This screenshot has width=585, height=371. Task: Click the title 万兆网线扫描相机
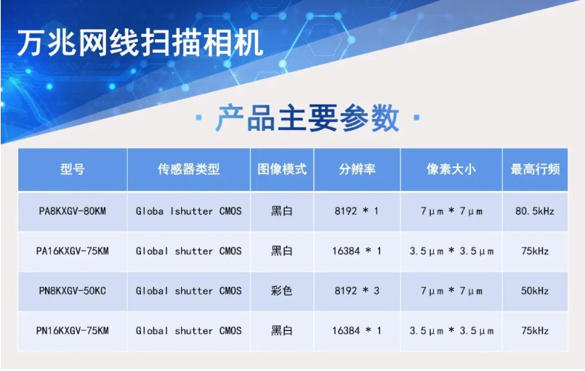[x=140, y=44]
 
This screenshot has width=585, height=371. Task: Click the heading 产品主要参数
[x=308, y=118]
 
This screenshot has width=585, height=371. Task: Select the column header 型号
[x=73, y=169]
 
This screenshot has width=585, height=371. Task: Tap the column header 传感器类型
[x=188, y=169]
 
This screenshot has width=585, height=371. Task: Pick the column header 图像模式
[x=282, y=169]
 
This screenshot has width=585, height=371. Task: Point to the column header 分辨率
[x=357, y=169]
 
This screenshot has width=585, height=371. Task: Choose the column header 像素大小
[x=451, y=169]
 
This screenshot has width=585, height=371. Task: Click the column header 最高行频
[x=535, y=169]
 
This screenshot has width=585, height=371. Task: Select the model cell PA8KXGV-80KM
[x=73, y=211]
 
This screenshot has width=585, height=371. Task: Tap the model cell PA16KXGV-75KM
[x=73, y=251]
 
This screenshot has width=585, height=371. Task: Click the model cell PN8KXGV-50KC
[x=73, y=291]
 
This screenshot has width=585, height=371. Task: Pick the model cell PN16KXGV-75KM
[x=73, y=331]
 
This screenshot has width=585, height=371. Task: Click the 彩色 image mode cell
[x=282, y=291]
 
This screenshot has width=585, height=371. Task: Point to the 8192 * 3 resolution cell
[x=357, y=291]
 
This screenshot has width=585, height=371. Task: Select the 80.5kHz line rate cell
[x=535, y=211]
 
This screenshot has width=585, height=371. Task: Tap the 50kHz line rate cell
[x=535, y=291]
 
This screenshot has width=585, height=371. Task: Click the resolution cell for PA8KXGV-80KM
[x=357, y=211]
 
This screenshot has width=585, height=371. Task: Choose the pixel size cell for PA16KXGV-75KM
[x=451, y=251]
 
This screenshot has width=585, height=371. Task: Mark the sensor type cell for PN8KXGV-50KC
[x=188, y=291]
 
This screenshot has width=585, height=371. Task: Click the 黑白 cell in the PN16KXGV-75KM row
[x=282, y=331]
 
